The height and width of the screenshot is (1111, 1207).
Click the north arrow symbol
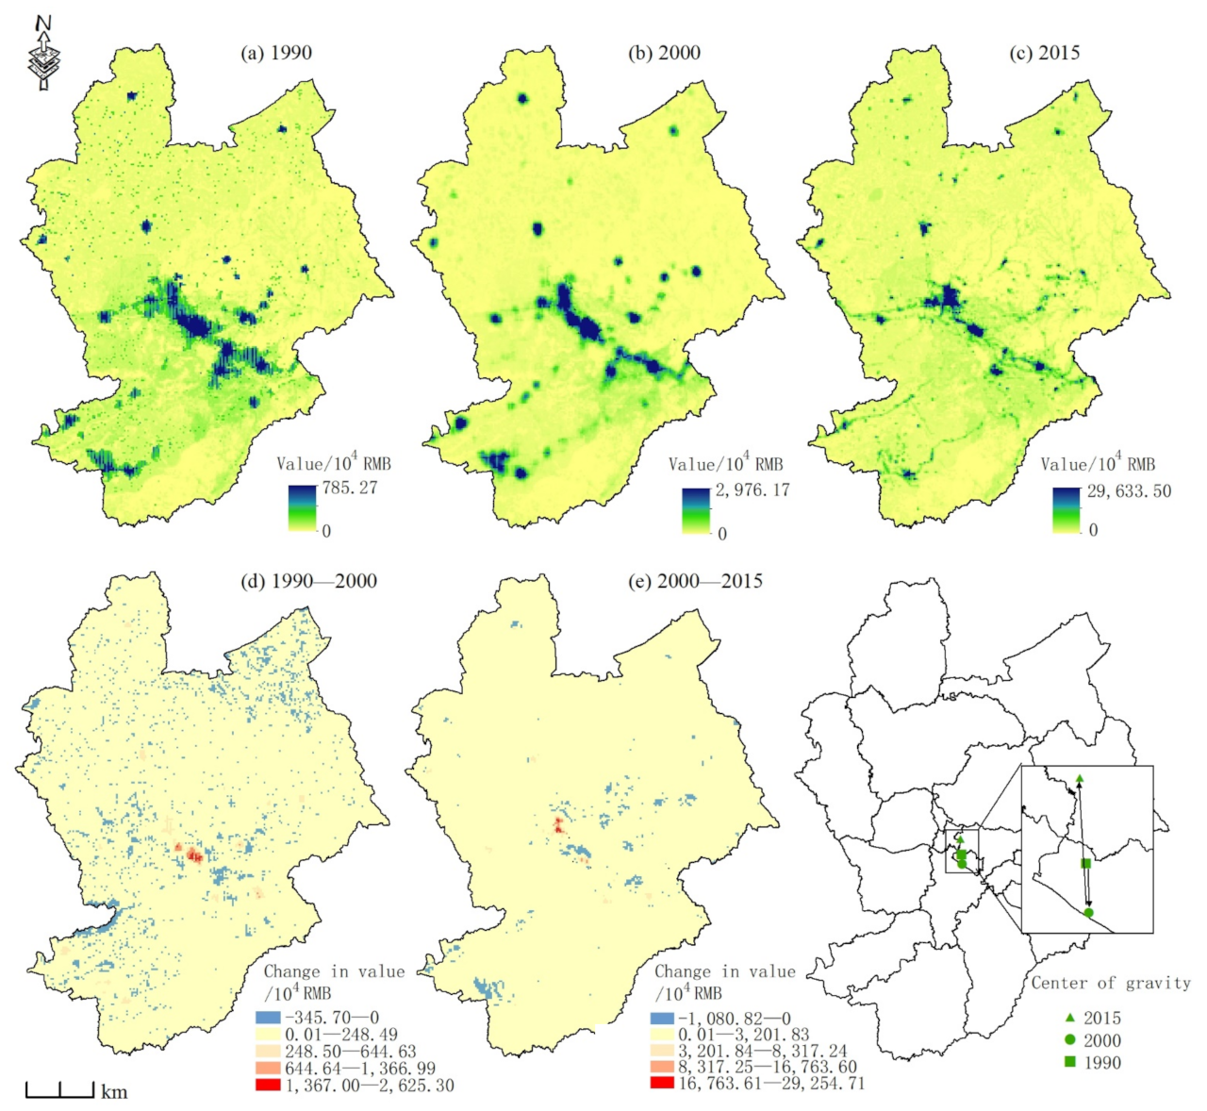42,53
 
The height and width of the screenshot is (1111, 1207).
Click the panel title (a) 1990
276,53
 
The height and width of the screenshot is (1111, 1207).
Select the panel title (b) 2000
664,53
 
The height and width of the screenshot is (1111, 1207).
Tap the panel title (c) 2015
1045,53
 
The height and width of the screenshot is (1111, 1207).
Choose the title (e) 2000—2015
695,581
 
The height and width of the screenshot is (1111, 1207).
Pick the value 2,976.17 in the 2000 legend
752,490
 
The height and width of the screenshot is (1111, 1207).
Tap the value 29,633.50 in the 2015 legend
1129,490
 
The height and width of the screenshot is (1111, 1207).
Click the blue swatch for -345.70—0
268,1018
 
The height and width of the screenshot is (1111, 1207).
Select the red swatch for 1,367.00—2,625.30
268,1086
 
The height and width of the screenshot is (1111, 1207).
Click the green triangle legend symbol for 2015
1069,1018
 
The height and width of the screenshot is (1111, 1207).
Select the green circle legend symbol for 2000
1069,1040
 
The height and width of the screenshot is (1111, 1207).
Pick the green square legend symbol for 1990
1069,1063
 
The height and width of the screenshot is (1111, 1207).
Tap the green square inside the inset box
1086,863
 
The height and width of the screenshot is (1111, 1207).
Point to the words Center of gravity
1110,983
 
